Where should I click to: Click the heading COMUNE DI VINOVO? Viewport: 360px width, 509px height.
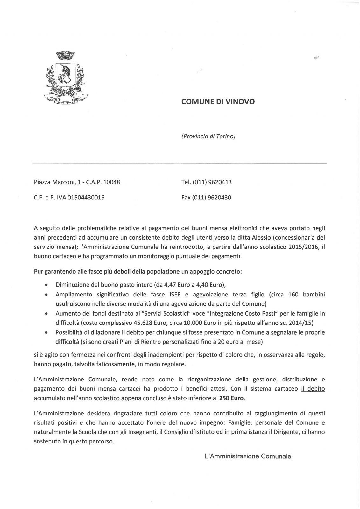click(x=218, y=102)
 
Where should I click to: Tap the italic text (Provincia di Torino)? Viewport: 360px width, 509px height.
click(x=208, y=136)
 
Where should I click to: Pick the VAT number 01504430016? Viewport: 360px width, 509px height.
click(x=84, y=198)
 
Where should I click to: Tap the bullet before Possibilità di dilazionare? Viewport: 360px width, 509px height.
click(x=47, y=333)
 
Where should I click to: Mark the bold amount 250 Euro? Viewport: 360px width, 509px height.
click(x=231, y=398)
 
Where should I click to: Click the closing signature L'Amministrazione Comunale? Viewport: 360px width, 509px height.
click(x=248, y=456)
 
